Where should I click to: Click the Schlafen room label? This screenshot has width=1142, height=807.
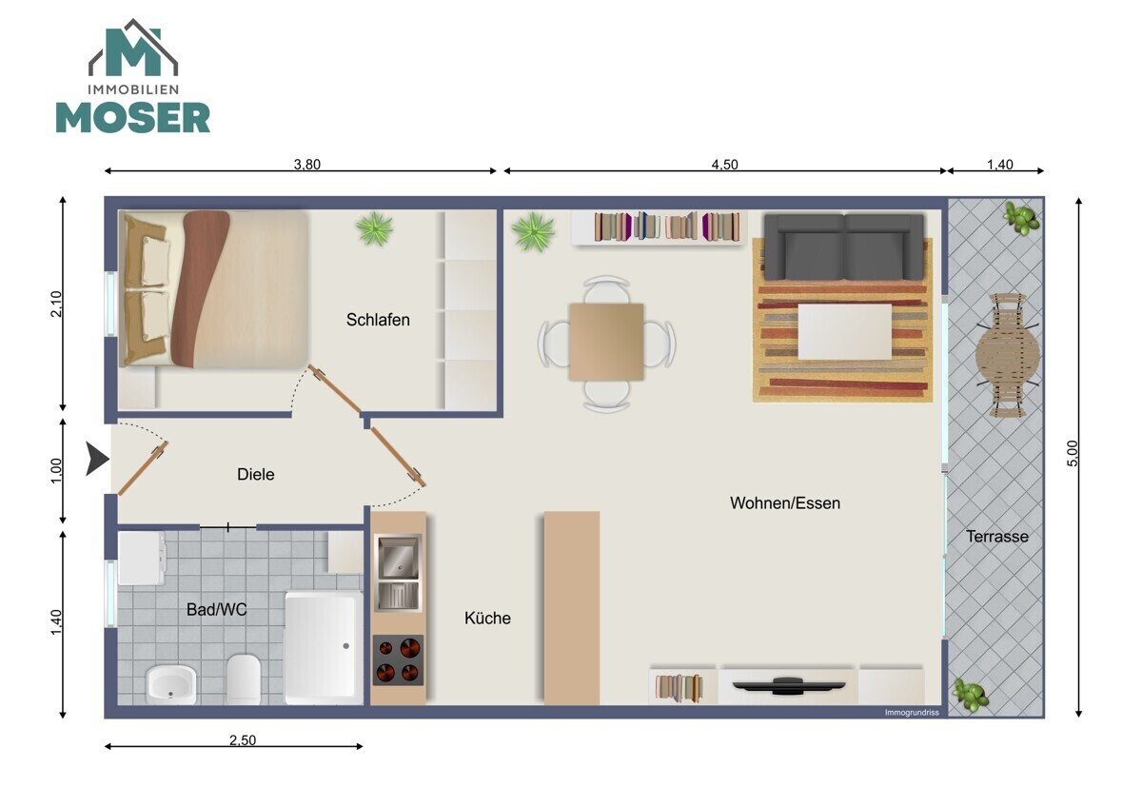point(378,320)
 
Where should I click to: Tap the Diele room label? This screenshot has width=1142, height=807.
point(255,474)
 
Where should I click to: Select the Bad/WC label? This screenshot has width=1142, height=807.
point(217,609)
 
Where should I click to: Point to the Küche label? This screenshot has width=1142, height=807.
point(487,618)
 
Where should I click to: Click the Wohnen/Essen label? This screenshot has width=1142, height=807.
point(785,503)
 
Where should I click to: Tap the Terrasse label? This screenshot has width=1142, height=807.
point(997,537)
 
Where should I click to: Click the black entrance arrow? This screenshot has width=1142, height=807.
point(97,459)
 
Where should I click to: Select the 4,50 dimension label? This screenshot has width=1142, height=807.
point(724,164)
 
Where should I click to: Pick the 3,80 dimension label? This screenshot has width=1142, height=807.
point(306,164)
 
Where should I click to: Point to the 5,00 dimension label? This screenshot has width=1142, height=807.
point(1073,453)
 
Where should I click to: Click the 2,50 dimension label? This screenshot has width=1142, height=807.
point(242,739)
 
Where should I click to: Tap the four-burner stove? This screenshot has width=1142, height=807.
point(398,659)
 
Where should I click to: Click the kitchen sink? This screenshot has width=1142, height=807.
point(398,573)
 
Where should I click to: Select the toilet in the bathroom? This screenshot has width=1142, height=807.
point(244,679)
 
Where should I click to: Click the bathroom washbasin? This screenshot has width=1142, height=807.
point(171,684)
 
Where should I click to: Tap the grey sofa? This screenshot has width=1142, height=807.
point(844,246)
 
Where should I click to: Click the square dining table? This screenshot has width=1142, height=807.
point(606,342)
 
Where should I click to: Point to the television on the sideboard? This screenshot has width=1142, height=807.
point(788,685)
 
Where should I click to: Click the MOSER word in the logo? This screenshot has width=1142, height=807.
point(132,118)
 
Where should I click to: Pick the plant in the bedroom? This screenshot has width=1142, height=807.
point(375,229)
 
